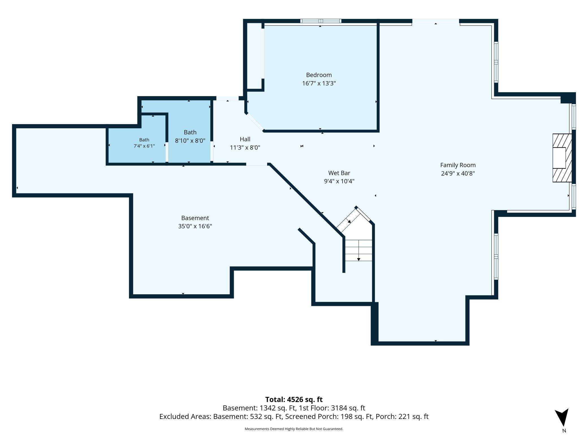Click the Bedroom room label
pyautogui.click(x=319, y=75)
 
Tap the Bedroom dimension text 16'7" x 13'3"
pyautogui.click(x=319, y=83)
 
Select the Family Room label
pyautogui.click(x=458, y=165)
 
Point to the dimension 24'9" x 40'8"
pyautogui.click(x=458, y=173)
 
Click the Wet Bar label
pyautogui.click(x=339, y=173)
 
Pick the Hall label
pyautogui.click(x=245, y=139)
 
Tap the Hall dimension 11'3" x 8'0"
pyautogui.click(x=245, y=147)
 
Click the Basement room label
pyautogui.click(x=195, y=218)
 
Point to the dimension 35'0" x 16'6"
pyautogui.click(x=195, y=226)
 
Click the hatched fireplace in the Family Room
pyautogui.click(x=562, y=158)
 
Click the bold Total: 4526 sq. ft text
pyautogui.click(x=294, y=399)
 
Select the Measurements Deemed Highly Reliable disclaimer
pyautogui.click(x=294, y=429)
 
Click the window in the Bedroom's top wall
pyautogui.click(x=321, y=21)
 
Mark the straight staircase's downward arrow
pyautogui.click(x=359, y=250)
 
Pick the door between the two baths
pyautogui.click(x=167, y=152)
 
